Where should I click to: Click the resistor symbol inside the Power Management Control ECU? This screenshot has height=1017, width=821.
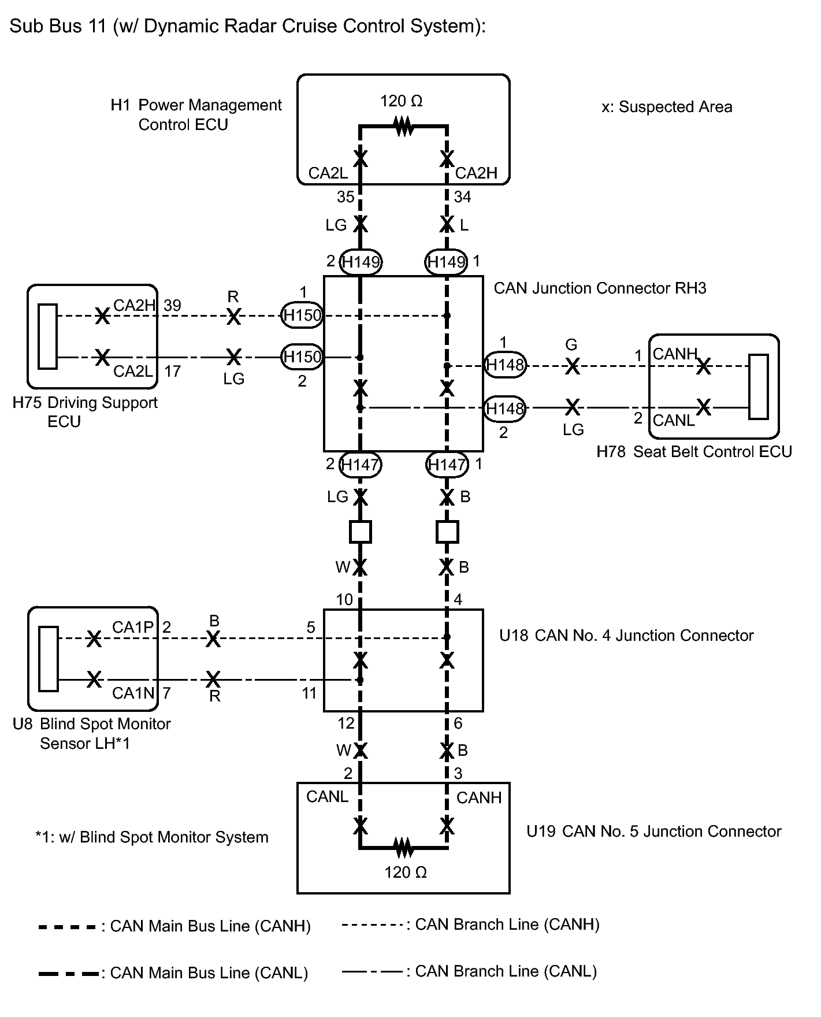coord(403,125)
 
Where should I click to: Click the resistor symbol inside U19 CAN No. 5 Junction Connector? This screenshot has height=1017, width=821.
coord(404,848)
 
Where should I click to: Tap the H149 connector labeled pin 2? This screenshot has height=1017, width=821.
coord(361,262)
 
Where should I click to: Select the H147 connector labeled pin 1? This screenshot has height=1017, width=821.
coord(447,465)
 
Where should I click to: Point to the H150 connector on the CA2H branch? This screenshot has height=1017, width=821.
coord(301,316)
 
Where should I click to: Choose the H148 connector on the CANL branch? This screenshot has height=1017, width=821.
coord(504,409)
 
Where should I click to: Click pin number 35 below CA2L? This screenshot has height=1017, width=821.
coord(346,198)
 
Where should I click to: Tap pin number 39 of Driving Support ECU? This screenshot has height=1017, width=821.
coord(173,305)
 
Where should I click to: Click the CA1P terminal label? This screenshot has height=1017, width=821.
coord(133,628)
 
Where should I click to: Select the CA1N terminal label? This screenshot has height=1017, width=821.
coord(133,693)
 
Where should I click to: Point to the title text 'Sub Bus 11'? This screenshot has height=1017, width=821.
coord(58,27)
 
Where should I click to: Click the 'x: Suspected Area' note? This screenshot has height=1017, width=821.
coord(667,107)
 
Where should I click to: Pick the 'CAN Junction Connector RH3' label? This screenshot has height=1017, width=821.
coord(600,288)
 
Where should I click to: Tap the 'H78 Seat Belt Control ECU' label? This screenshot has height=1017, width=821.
coord(694,452)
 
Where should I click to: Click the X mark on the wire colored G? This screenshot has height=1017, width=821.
coord(572,366)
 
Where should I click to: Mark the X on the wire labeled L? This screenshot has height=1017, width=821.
coord(447,224)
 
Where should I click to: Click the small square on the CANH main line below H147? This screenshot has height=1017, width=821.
coord(447,532)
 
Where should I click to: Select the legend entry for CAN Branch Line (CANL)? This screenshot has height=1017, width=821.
coord(469,971)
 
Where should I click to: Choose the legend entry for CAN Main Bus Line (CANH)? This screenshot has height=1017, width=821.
coord(174,926)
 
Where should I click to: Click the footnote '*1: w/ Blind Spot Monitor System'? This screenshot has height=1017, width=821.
coord(151,837)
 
